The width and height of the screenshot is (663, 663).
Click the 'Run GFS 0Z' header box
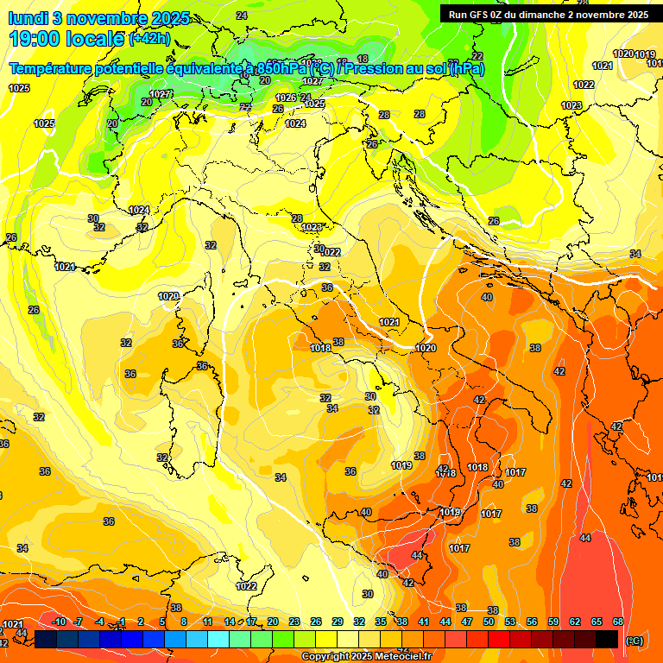click(548, 15)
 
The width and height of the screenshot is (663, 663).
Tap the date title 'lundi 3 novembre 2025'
click(99, 18)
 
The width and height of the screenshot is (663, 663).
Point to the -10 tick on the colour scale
click(60, 622)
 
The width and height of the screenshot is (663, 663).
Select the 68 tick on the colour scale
click(618, 622)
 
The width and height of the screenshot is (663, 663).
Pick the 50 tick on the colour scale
click(489, 622)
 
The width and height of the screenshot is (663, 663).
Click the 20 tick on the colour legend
click(273, 622)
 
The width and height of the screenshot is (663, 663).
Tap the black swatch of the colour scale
click(608, 639)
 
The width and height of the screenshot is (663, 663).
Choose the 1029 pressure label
click(168, 296)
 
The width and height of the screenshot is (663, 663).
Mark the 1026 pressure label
click(286, 98)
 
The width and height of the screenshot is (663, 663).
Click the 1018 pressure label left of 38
click(320, 348)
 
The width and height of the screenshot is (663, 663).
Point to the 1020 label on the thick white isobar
click(426, 348)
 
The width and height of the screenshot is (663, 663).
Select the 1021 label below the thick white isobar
click(389, 322)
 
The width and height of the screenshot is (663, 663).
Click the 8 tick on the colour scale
click(184, 622)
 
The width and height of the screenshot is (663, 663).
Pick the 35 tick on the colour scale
click(381, 622)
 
